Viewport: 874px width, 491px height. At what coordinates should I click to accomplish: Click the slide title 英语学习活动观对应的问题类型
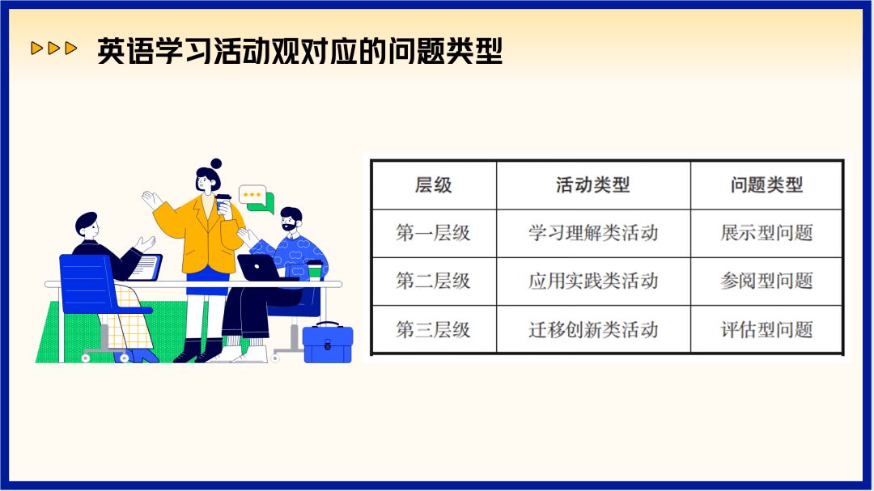(x=300, y=51)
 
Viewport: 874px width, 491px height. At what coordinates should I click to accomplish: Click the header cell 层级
(x=433, y=184)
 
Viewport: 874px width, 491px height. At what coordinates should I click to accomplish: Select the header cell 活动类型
(x=592, y=184)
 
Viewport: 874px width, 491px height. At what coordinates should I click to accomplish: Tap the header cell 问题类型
(x=766, y=184)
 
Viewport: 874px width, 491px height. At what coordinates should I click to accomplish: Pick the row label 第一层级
(x=433, y=232)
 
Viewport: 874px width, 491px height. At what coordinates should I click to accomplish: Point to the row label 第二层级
(x=433, y=281)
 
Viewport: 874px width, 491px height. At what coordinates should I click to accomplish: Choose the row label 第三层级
(x=433, y=329)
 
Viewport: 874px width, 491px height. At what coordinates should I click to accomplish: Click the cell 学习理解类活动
(x=593, y=232)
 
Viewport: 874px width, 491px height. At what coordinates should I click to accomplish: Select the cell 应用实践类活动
(x=593, y=281)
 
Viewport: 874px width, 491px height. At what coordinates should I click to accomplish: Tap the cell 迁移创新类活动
(x=593, y=329)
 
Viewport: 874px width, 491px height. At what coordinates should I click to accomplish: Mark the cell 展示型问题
(x=766, y=232)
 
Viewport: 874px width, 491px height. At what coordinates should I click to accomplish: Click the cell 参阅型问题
(x=766, y=281)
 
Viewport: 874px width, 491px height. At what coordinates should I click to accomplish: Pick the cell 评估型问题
(x=766, y=329)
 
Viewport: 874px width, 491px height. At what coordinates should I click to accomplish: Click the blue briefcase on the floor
(x=328, y=343)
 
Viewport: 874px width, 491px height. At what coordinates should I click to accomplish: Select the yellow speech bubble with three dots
(x=252, y=195)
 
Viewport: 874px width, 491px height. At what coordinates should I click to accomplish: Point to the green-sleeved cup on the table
(x=315, y=269)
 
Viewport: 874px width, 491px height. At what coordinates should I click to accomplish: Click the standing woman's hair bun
(x=216, y=164)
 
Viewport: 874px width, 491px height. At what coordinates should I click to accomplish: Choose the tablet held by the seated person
(x=146, y=268)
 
